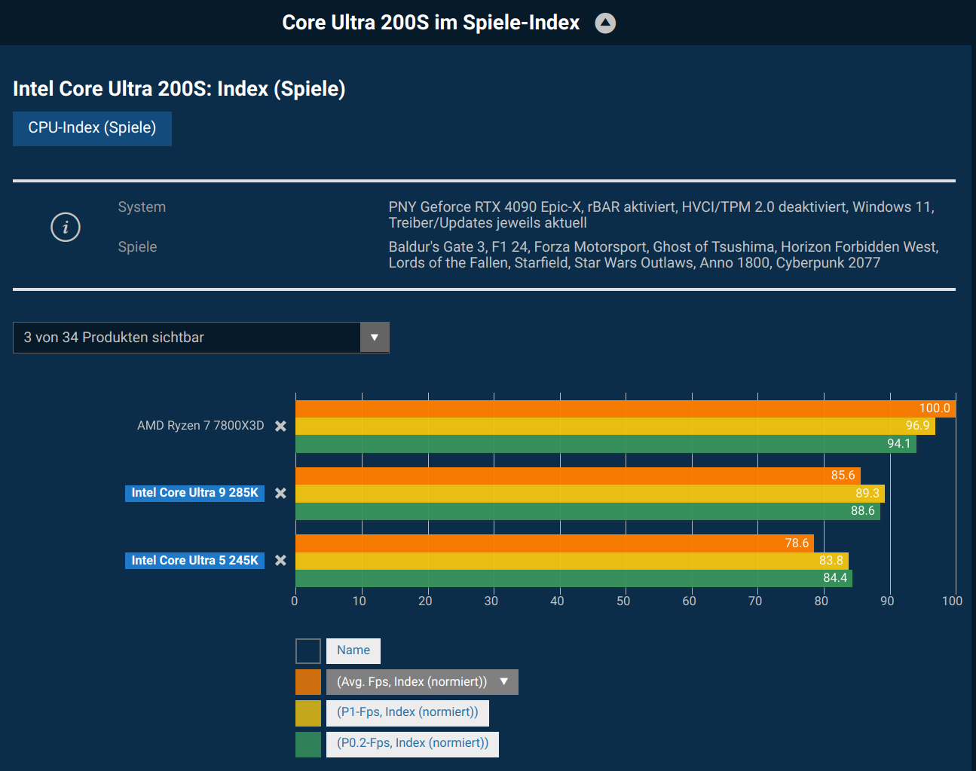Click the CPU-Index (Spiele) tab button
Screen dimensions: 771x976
pos(92,128)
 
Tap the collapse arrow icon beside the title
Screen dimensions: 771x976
pos(605,23)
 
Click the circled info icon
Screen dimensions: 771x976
pos(66,227)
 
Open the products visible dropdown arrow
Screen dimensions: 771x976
pos(375,338)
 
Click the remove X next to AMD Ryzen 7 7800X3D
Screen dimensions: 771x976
pos(280,426)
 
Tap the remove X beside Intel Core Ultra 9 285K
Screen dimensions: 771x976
pos(280,493)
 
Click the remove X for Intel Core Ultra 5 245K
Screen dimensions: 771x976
pos(280,560)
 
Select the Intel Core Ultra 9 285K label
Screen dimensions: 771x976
pos(194,493)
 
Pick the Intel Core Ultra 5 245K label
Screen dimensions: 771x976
pos(194,560)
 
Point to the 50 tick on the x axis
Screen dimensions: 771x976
pos(623,601)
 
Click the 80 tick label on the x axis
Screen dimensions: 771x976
pos(821,601)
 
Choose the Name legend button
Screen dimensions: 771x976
pos(353,650)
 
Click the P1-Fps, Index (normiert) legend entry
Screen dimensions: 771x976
pos(407,712)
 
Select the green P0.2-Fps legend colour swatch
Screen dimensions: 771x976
pos(308,744)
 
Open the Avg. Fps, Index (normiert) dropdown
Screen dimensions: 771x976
pos(422,682)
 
